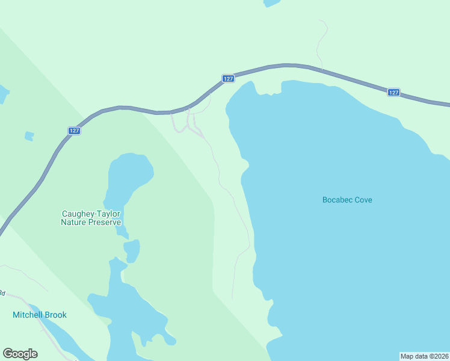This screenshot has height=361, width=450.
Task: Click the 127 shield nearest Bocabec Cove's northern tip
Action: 228,79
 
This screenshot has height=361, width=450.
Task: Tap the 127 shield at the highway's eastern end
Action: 393,92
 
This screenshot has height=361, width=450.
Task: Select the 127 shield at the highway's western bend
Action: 74,131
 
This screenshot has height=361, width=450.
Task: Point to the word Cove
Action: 363,200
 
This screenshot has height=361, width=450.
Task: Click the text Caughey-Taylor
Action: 92,214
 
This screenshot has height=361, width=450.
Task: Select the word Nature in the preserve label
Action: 75,222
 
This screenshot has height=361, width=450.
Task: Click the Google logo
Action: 20,354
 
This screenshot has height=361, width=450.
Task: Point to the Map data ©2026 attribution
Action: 424,356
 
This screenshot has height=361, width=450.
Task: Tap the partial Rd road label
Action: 2,293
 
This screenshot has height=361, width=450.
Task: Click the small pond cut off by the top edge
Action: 271,2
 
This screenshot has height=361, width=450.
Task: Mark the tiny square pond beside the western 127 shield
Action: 29,137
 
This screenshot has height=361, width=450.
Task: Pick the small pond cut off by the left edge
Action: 3,94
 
